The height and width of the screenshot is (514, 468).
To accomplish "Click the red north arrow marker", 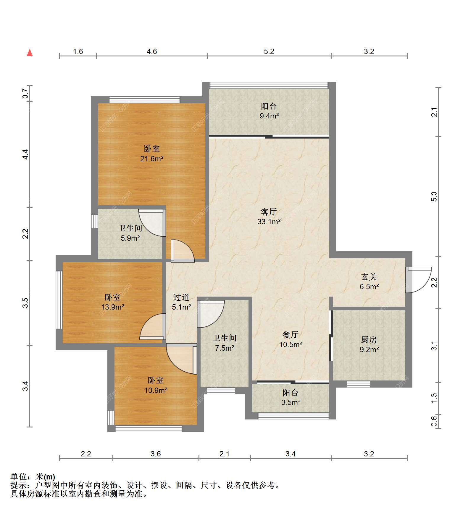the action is click(30, 53).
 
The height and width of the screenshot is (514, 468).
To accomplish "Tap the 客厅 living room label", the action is click(269, 212).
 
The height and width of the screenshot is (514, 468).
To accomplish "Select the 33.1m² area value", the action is click(269, 222).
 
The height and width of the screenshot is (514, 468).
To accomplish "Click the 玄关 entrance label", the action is click(369, 277).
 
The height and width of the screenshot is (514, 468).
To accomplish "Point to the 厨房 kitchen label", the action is click(369, 340).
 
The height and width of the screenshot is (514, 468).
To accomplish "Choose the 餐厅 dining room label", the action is click(291, 335).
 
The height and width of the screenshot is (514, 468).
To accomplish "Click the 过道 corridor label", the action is click(181, 297).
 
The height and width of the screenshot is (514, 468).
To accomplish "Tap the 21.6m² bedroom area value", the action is click(152, 159).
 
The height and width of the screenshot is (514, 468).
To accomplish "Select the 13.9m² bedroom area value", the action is click(112, 307).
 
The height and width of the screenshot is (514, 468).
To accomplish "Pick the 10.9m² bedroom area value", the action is click(156, 390).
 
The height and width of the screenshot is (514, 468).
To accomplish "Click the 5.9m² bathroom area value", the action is click(130, 238).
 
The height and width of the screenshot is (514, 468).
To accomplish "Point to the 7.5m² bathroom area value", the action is click(225, 348).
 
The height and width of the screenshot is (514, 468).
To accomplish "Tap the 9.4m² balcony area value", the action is click(269, 116).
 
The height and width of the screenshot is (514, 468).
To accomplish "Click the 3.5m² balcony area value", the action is click(291, 402).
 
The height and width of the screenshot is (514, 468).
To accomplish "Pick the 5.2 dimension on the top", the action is click(269, 51).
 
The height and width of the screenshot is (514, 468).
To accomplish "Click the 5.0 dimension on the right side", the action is click(434, 197).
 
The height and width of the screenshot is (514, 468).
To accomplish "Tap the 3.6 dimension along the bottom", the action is click(156, 454).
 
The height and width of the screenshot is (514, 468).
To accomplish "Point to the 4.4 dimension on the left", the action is click(26, 154).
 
